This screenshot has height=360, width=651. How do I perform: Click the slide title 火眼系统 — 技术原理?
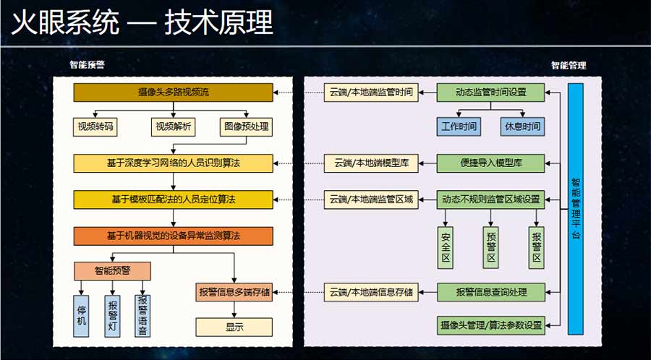pyautogui.click(x=142, y=23)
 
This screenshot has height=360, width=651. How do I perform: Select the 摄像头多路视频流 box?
pyautogui.click(x=173, y=93)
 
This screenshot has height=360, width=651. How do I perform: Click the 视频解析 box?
pyautogui.click(x=173, y=127)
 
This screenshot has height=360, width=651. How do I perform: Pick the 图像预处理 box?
pyautogui.click(x=245, y=127)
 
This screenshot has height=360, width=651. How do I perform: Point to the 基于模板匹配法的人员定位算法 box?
pyautogui.click(x=173, y=199)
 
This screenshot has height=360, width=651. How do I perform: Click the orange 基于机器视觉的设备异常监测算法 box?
pyautogui.click(x=173, y=236)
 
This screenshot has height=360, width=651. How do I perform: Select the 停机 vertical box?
pyautogui.click(x=82, y=315)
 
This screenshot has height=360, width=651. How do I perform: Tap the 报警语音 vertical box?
pyautogui.click(x=143, y=315)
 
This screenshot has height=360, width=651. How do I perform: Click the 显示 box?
pyautogui.click(x=234, y=327)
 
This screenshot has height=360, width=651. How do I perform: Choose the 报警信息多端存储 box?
pyautogui.click(x=234, y=292)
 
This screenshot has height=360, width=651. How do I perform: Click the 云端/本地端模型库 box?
pyautogui.click(x=370, y=163)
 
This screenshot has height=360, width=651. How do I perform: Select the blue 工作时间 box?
pyautogui.click(x=459, y=127)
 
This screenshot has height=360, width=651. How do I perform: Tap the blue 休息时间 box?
pyautogui.click(x=522, y=127)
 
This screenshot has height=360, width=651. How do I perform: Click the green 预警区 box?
pyautogui.click(x=490, y=247)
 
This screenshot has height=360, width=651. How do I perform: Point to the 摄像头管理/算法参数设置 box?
pyautogui.click(x=490, y=325)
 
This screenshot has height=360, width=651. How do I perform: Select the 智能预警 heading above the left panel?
pyautogui.click(x=87, y=65)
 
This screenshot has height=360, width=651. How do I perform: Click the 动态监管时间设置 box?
pyautogui.click(x=490, y=93)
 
